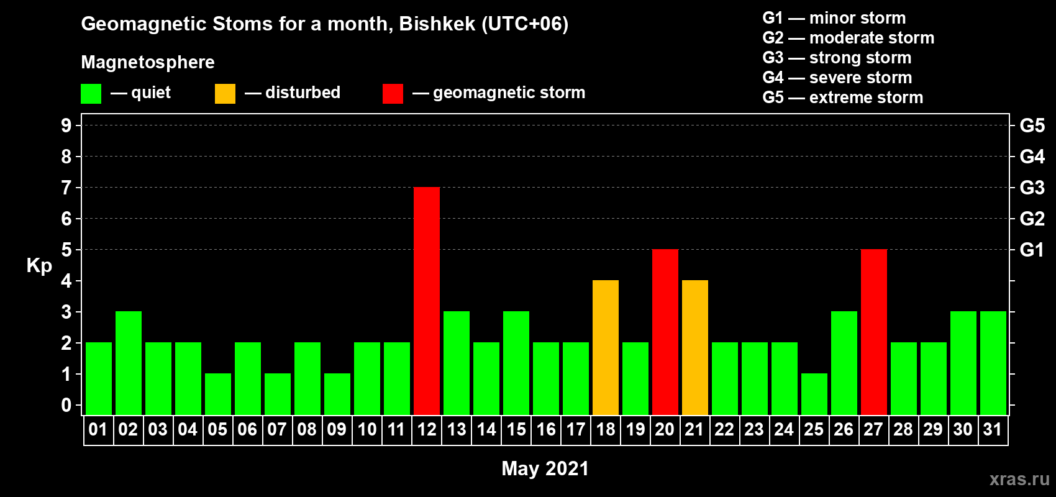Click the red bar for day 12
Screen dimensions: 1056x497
click(x=427, y=301)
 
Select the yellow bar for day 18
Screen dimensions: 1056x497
click(x=605, y=347)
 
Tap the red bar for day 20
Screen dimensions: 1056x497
click(x=665, y=332)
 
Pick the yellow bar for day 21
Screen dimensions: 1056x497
click(x=695, y=347)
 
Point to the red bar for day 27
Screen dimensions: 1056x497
click(x=873, y=332)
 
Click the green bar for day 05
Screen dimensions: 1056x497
click(x=218, y=394)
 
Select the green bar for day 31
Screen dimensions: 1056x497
click(x=993, y=363)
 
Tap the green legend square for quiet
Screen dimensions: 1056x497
click(x=91, y=93)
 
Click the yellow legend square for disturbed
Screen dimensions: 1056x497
click(x=225, y=93)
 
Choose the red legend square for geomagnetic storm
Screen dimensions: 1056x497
click(x=393, y=93)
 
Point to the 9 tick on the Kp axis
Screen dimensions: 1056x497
click(x=66, y=125)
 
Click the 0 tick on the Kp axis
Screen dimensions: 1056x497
click(x=66, y=405)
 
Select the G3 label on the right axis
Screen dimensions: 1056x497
click(x=1032, y=188)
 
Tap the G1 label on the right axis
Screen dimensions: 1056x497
click(x=1032, y=250)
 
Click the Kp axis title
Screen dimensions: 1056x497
click(x=39, y=266)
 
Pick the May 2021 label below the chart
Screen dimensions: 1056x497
click(x=545, y=468)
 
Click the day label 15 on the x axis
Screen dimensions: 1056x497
click(x=516, y=429)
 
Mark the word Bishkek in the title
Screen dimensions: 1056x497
click(x=437, y=24)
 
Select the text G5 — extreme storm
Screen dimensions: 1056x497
click(x=842, y=98)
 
